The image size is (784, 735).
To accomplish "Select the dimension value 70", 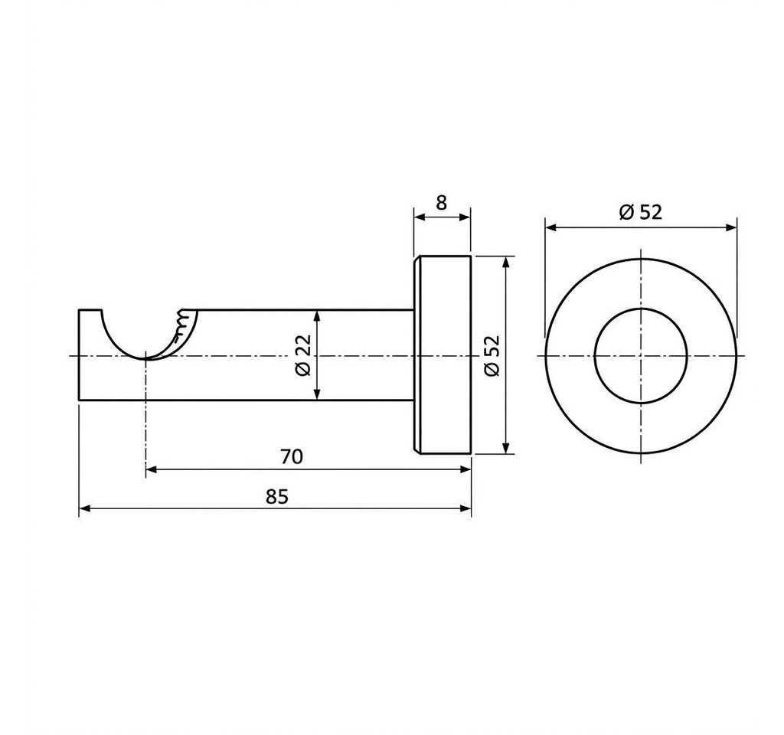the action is [x=292, y=457].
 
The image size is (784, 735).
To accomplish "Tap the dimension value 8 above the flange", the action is [x=441, y=203].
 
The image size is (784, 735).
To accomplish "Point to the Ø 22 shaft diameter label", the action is [x=303, y=355].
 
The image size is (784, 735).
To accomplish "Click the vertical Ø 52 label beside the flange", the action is [x=492, y=355].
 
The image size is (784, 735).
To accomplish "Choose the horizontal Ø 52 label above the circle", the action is [x=641, y=212].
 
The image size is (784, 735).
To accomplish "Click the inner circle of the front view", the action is [x=595, y=356].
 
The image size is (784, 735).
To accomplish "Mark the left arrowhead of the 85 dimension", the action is [x=85, y=508].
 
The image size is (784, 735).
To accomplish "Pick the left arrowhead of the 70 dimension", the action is [x=152, y=469].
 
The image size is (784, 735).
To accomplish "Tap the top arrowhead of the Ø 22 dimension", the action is [x=316, y=316].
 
